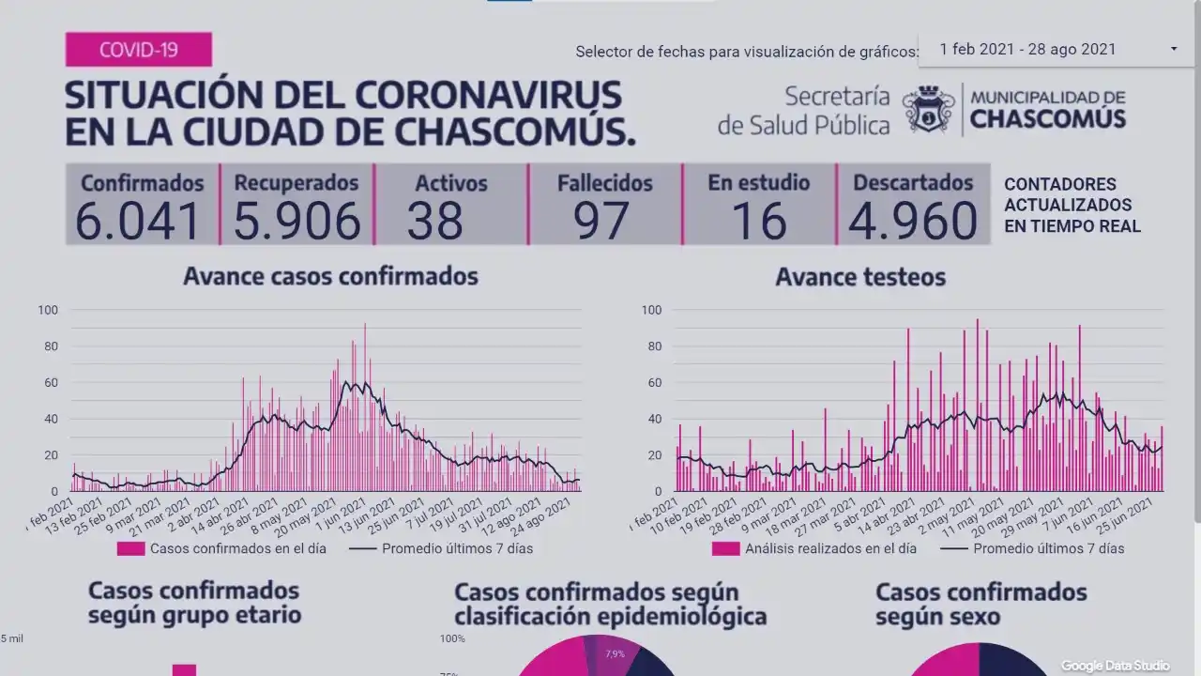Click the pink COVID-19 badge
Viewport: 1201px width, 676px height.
[x=139, y=49]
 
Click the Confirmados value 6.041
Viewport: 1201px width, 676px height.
[x=138, y=221]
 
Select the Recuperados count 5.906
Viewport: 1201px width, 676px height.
[x=296, y=221]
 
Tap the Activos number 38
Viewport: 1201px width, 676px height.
[x=435, y=221]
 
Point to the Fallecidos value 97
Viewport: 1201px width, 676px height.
[x=602, y=221]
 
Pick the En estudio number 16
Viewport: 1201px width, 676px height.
[x=759, y=221]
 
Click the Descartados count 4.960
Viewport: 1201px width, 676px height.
[x=912, y=221]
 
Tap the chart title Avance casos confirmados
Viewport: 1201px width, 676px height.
[x=330, y=276]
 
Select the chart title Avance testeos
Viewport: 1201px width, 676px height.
[x=860, y=277]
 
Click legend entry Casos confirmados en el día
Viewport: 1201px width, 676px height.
[x=237, y=548]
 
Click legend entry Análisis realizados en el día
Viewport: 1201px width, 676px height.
[x=830, y=548]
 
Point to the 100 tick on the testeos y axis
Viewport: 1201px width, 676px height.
[x=651, y=310]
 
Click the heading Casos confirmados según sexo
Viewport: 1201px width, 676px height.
[x=981, y=604]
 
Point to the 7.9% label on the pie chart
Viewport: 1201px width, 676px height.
[x=616, y=653]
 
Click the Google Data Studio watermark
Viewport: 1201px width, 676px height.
[x=1115, y=666]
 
